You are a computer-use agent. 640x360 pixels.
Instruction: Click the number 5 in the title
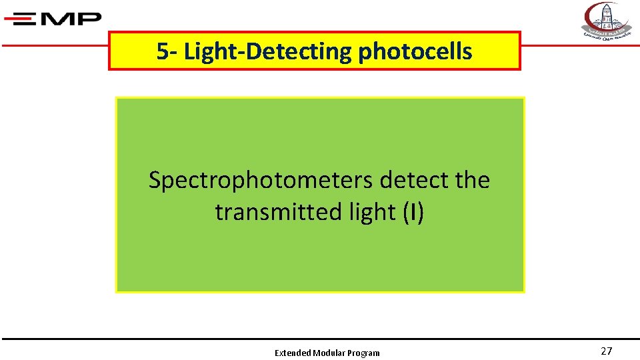point(162,51)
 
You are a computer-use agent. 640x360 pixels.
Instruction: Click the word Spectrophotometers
point(261,180)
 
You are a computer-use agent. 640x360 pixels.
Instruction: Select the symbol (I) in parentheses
point(413,212)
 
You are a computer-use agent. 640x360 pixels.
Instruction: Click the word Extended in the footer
point(293,353)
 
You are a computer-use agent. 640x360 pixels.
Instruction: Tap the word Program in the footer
point(364,353)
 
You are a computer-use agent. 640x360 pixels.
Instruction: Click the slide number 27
point(606,351)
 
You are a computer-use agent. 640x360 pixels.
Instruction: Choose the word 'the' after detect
point(471,180)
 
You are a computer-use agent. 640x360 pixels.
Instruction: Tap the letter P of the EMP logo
point(89,19)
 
